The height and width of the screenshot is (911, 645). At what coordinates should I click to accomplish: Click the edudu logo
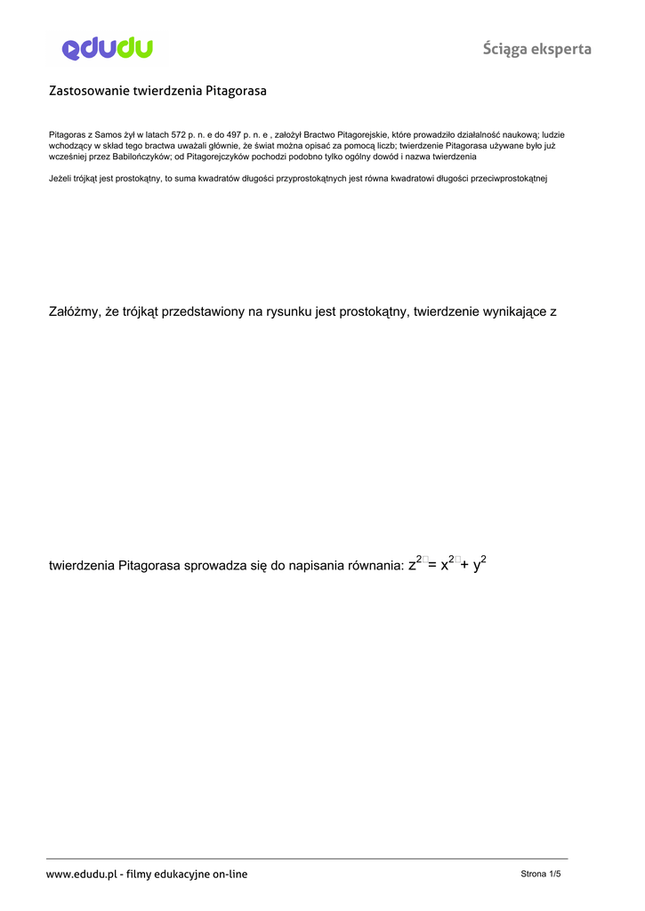point(107,48)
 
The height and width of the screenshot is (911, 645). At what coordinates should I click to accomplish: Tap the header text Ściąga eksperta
point(536,49)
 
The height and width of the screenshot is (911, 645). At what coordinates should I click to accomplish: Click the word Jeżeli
point(61,179)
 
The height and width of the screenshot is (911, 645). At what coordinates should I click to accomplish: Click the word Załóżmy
point(74,311)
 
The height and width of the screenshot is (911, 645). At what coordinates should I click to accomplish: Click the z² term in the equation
point(415,563)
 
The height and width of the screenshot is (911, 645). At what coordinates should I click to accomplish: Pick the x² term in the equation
point(447,563)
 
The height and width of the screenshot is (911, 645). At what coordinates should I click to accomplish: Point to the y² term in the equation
point(480,563)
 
